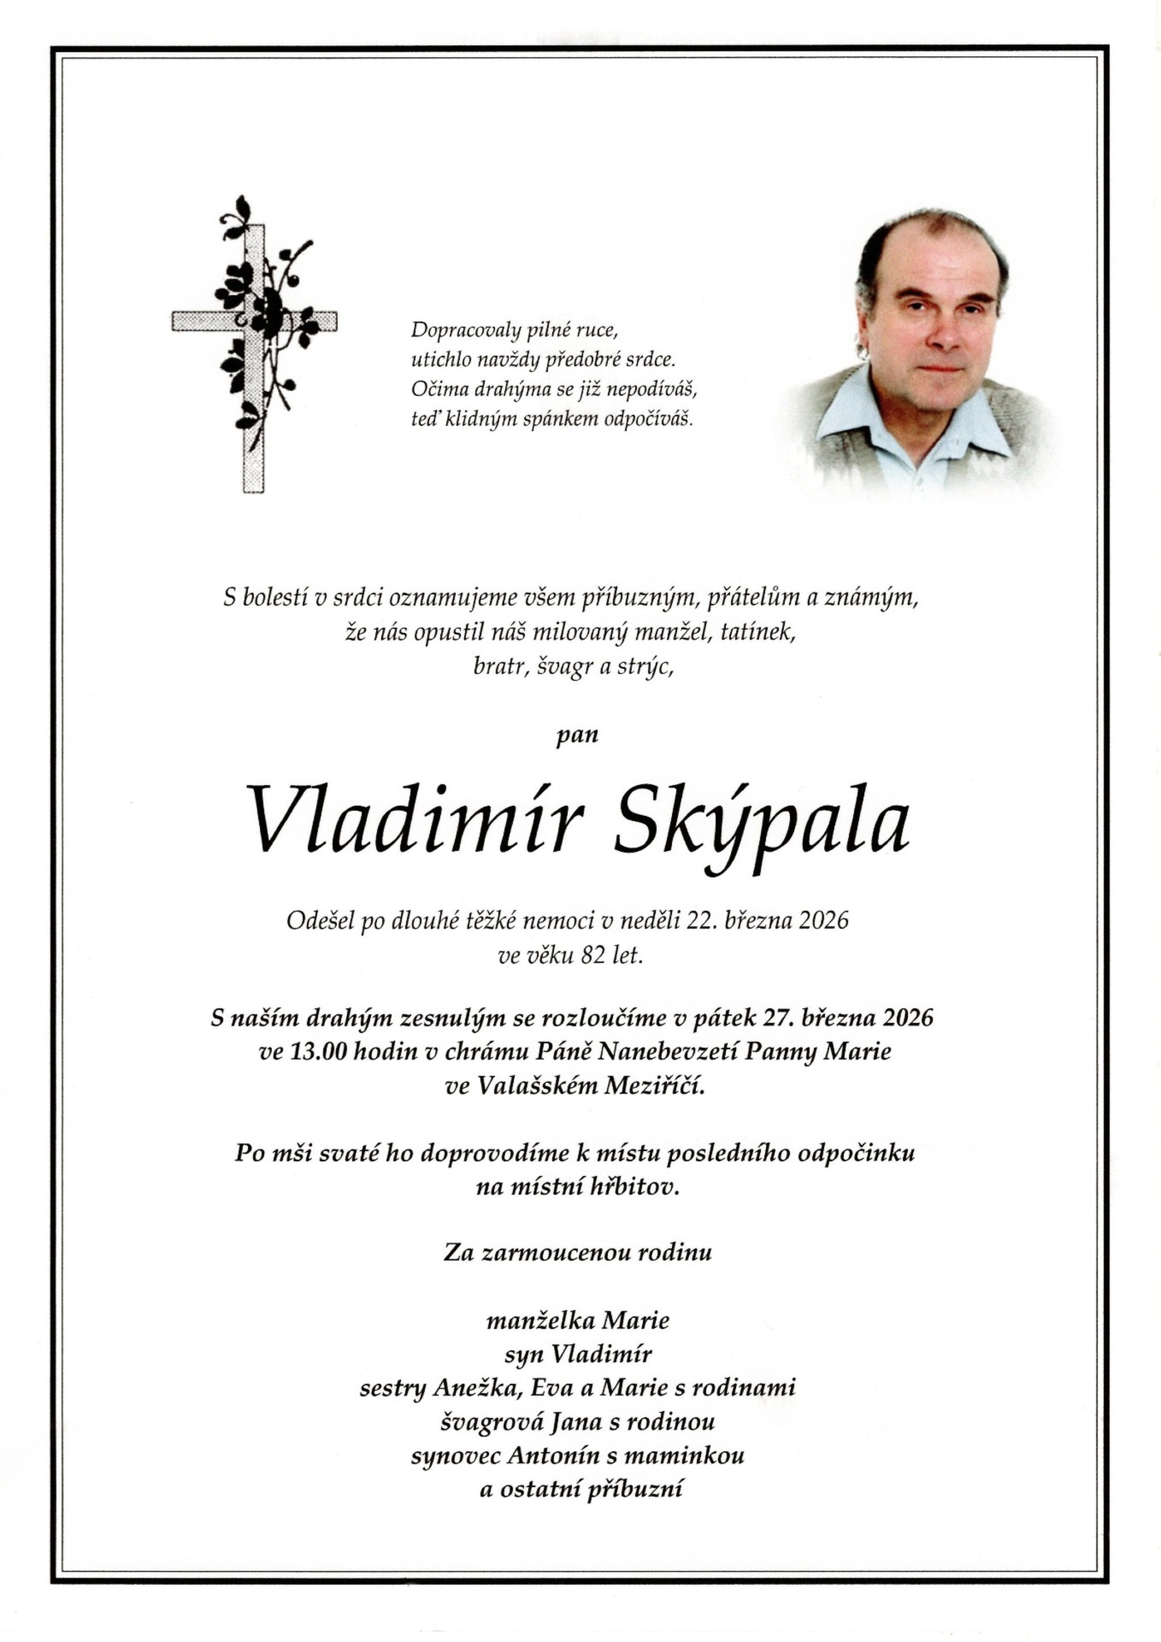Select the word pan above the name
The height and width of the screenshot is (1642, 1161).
(577, 736)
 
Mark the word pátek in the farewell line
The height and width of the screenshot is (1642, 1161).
(770, 1017)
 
